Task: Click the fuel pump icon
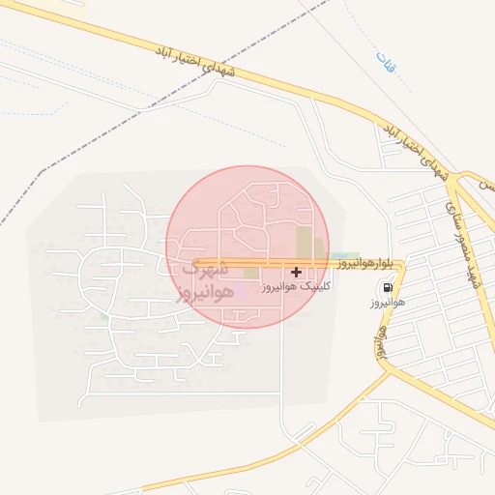(x=388, y=287)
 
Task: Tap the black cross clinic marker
(x=296, y=273)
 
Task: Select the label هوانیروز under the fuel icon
(x=386, y=303)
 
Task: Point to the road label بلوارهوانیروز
(x=365, y=262)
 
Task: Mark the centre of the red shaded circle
(x=247, y=247)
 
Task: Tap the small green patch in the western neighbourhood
(x=103, y=316)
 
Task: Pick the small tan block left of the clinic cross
(x=250, y=274)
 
